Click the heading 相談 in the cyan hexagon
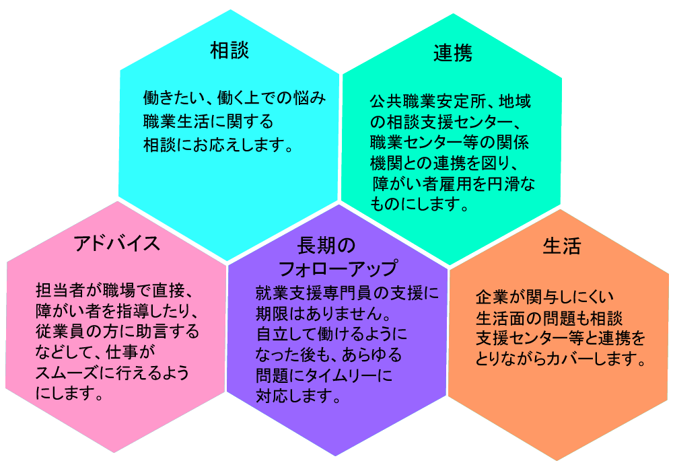229,50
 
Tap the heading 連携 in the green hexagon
453,54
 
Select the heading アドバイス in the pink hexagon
117,244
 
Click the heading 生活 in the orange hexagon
562,246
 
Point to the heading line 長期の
326,246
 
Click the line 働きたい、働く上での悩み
234,98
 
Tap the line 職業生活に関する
208,121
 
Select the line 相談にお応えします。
218,145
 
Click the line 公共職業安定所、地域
451,101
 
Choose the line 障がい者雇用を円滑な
454,184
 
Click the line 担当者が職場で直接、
114,291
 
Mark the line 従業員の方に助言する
117,332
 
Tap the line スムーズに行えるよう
112,373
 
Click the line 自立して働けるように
331,334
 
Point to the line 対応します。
298,396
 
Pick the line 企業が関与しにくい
544,297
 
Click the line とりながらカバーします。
561,359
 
